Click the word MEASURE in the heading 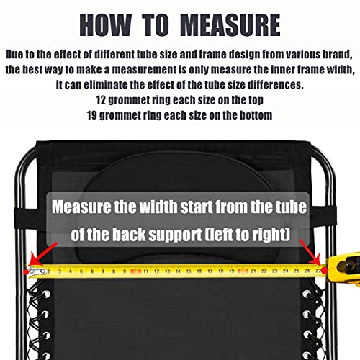point(230,25)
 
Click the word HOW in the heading point(106,25)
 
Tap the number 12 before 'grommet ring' point(101,100)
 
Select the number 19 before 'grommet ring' point(91,115)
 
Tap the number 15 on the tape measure point(189,271)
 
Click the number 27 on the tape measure point(318,271)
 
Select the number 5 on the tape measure point(81,271)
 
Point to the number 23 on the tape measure point(274,271)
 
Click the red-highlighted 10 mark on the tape point(135,271)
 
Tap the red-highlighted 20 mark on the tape point(243,271)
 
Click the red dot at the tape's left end point(26,272)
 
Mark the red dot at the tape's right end point(324,271)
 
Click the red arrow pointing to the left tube point(43,253)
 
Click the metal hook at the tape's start point(37,271)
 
